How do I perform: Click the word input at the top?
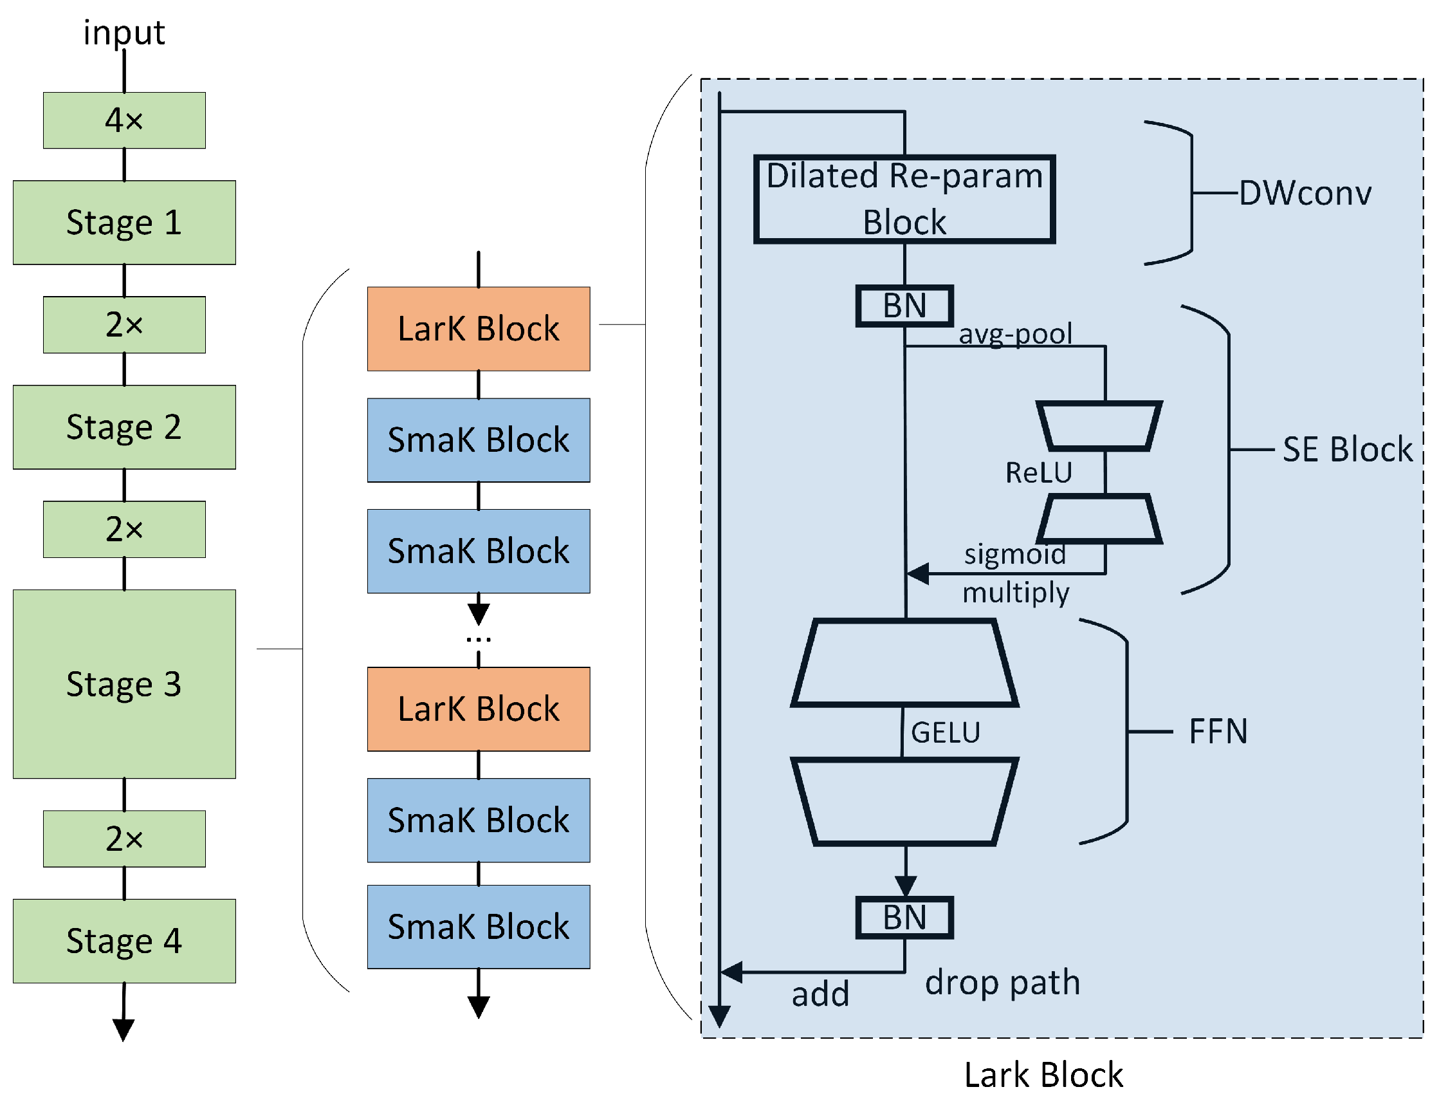(x=124, y=33)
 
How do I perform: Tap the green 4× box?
(x=124, y=120)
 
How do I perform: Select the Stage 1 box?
(x=124, y=222)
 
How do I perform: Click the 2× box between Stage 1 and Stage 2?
(x=124, y=325)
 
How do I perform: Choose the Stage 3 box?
(x=124, y=684)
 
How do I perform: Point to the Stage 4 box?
(x=124, y=942)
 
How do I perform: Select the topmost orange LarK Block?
(x=478, y=329)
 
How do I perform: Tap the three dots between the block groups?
(x=478, y=639)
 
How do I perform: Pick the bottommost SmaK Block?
(x=478, y=927)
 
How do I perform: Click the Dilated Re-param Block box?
(x=904, y=200)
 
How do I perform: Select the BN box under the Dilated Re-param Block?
(x=904, y=306)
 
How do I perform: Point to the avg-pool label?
(x=1015, y=334)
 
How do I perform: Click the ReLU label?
(x=1038, y=472)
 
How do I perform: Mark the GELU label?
(x=945, y=732)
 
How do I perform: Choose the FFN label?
(x=1218, y=731)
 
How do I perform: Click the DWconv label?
(x=1305, y=193)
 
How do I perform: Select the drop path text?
(x=1002, y=982)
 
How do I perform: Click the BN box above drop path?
(x=904, y=918)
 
